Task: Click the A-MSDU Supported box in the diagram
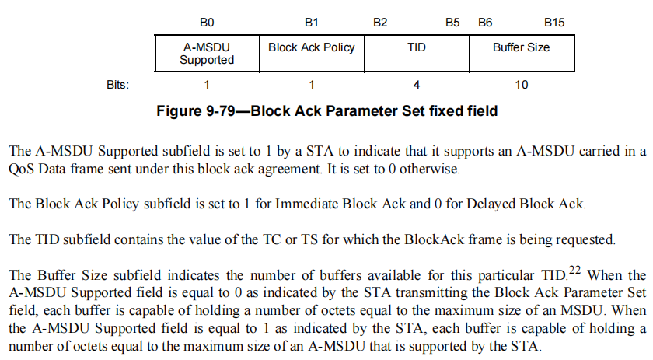coord(207,54)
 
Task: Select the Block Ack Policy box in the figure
coord(311,54)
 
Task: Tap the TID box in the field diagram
coord(417,54)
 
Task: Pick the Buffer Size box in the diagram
coord(521,54)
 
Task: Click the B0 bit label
coord(207,23)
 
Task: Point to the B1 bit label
coord(311,23)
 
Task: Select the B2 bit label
coord(380,23)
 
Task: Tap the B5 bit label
coord(452,23)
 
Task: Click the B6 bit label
coord(485,23)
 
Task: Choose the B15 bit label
coord(554,23)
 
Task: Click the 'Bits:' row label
coord(117,83)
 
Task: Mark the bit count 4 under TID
coord(417,83)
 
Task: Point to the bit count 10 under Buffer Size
coord(521,83)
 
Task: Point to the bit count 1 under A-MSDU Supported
coord(207,83)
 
